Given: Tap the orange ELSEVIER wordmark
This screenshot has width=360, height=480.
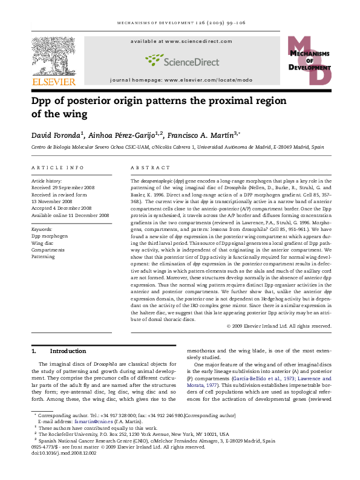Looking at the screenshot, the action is (53, 82).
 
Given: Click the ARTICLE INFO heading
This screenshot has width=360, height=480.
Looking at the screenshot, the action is (57, 167).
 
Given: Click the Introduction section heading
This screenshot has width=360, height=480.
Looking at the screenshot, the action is (68, 351).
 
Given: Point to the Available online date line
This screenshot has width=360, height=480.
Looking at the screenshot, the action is (70, 215).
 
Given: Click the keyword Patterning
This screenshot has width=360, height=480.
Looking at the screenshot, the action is (43, 256).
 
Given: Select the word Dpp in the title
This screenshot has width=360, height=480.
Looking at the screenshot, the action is (47, 100).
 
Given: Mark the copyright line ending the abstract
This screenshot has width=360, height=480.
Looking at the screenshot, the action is (279, 326).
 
